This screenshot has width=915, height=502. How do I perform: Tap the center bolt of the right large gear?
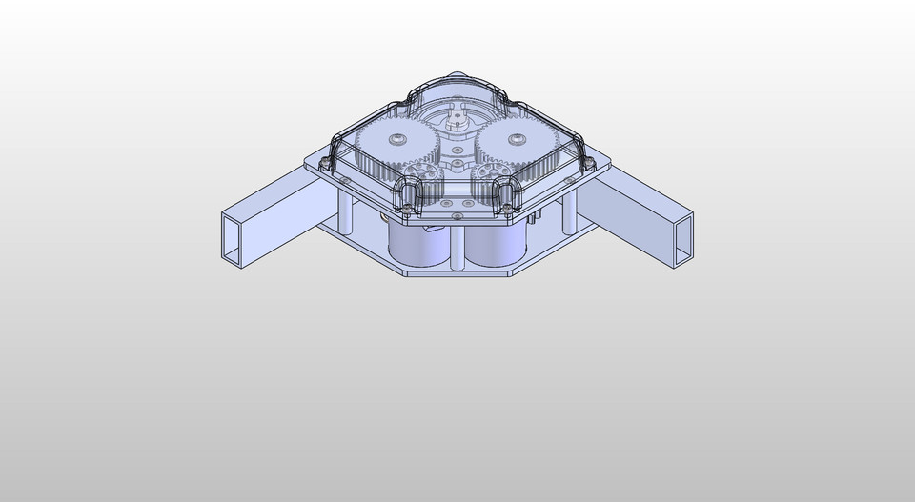pyautogui.click(x=516, y=140)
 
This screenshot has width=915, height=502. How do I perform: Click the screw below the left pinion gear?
pyautogui.click(x=409, y=204)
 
